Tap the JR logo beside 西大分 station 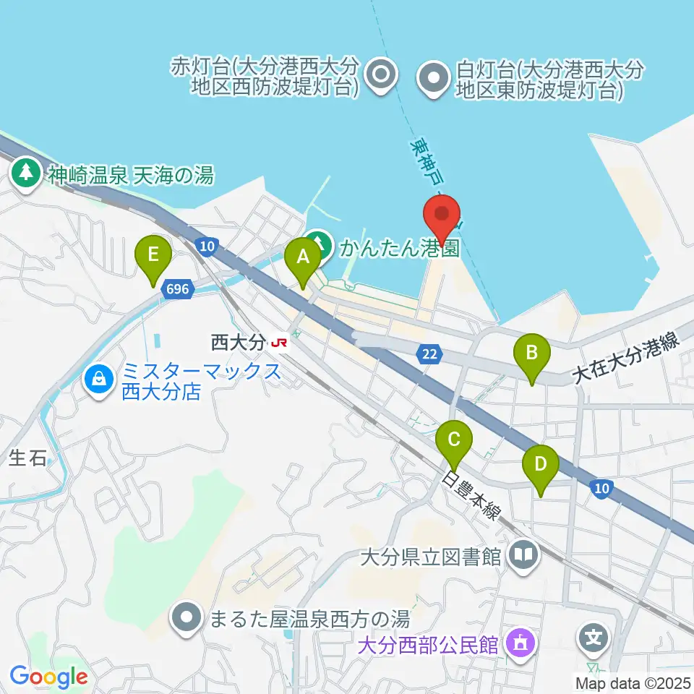pos(278,343)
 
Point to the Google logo pos(49,677)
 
